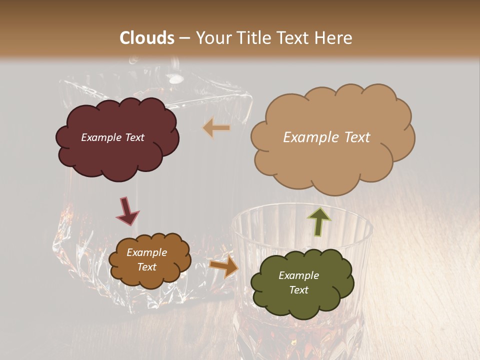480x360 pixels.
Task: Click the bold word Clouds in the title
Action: coord(147,38)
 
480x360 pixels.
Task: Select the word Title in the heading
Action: coord(253,38)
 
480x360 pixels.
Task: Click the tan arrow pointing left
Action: coord(216,128)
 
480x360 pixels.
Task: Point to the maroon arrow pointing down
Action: coord(127,210)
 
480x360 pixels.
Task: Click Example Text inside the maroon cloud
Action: coord(112,137)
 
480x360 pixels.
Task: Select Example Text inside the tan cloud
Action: coord(326,137)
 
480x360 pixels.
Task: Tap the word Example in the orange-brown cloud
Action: coord(146,252)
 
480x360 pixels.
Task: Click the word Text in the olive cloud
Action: coord(298,290)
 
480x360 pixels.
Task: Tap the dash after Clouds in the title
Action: coord(184,38)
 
